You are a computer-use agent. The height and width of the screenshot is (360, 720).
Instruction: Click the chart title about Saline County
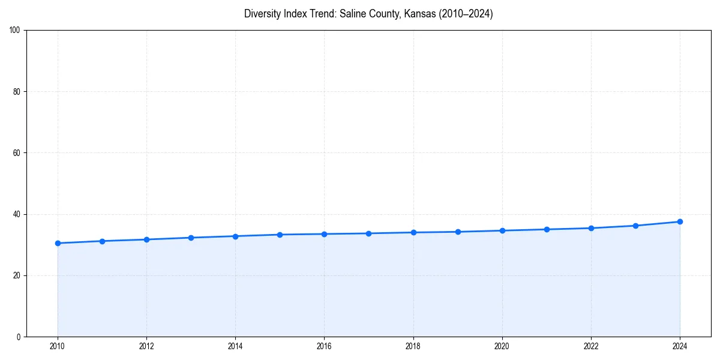click(368, 14)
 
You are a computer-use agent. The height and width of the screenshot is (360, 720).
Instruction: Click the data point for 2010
click(58, 243)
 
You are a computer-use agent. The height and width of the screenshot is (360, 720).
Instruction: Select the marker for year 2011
click(102, 241)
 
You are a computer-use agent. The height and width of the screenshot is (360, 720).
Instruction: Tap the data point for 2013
click(191, 238)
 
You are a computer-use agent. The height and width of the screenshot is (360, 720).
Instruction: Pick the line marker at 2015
click(280, 235)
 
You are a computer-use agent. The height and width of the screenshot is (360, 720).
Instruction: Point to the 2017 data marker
click(368, 233)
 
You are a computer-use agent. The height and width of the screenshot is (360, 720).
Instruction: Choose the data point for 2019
click(458, 232)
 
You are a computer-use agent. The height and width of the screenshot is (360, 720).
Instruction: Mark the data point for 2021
click(547, 229)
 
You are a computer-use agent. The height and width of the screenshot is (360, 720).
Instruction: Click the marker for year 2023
click(635, 226)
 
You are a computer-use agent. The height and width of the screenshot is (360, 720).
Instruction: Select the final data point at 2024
click(680, 221)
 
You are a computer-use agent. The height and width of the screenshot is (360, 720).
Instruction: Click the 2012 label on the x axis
click(146, 346)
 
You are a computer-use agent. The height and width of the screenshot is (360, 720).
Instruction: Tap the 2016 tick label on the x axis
click(324, 346)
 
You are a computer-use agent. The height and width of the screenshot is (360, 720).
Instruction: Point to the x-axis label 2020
click(502, 346)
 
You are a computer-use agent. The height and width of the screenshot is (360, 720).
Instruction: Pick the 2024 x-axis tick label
click(680, 346)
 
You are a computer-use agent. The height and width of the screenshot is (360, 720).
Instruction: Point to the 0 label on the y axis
click(19, 337)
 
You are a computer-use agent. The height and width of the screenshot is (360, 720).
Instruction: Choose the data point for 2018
click(413, 232)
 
